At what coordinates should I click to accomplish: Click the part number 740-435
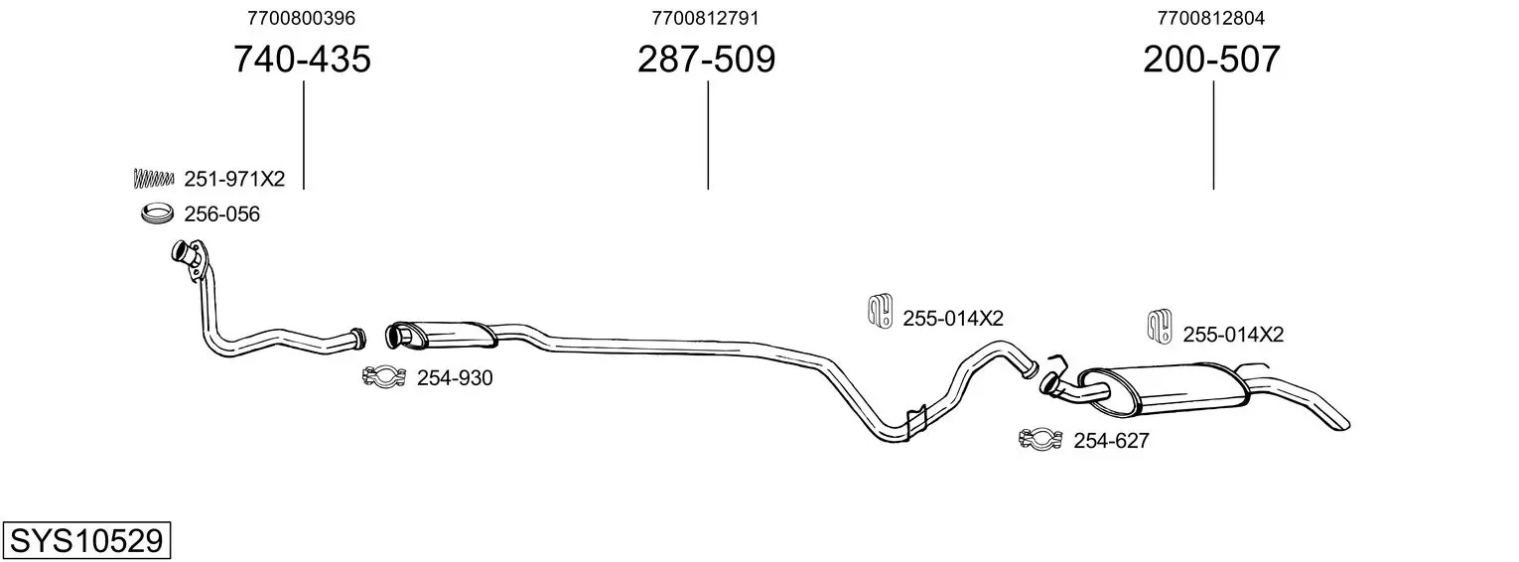303,59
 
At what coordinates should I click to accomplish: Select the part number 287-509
706,59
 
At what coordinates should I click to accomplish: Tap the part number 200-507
1212,59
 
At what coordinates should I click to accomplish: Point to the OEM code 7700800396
301,18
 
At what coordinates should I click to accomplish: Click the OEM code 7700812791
705,18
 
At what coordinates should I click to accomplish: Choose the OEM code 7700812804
1211,18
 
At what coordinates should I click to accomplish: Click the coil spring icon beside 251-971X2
154,179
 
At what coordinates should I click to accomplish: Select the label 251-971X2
234,179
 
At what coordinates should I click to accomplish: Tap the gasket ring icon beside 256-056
157,212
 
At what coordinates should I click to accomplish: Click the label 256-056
222,214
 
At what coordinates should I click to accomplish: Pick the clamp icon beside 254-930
384,376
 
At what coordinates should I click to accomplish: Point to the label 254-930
455,377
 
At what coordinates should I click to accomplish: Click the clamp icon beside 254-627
1040,439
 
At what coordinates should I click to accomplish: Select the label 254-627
1111,441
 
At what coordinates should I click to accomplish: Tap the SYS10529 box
86,540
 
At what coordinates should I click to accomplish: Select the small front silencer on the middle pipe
441,335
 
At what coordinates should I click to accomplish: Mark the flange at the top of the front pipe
190,258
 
